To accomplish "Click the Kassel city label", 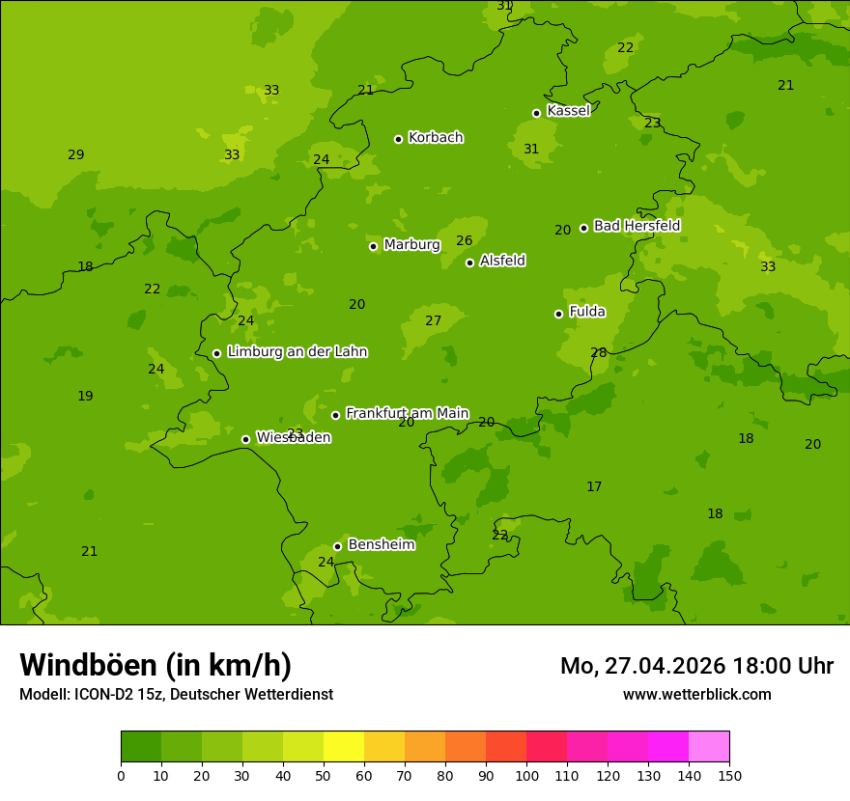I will tap(568, 111).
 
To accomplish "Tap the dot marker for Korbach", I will tap(398, 139).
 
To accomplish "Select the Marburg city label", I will tap(411, 245).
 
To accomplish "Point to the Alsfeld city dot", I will tap(469, 262).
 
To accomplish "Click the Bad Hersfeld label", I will tap(637, 226).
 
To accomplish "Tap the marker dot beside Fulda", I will tap(558, 314).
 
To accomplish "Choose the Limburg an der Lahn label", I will tap(297, 352).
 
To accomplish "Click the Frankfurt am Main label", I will tap(407, 413).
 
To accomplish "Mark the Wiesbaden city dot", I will tap(245, 439).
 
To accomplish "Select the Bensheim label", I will tap(381, 545).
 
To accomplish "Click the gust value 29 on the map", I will tap(76, 155).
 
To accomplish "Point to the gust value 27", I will tap(434, 321).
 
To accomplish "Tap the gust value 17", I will tap(594, 487).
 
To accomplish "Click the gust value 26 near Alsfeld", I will tap(465, 241).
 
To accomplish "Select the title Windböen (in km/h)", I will tap(156, 665).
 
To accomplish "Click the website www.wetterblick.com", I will tap(696, 695).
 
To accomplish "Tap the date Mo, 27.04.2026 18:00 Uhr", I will tap(696, 666).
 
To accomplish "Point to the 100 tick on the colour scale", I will tap(526, 775).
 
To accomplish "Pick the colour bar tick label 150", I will tap(729, 775).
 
